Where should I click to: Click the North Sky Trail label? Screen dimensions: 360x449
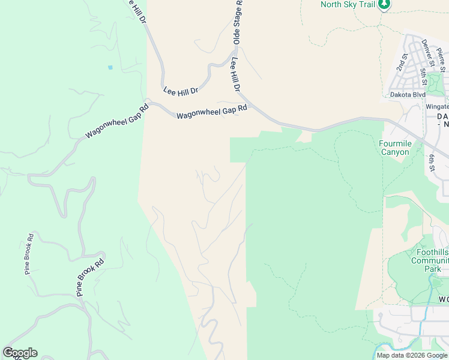pos(348,5)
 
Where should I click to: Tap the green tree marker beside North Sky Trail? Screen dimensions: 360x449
pos(384,5)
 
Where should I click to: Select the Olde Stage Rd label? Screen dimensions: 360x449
pos(237,23)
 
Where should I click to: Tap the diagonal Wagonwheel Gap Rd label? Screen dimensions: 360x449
pos(116,122)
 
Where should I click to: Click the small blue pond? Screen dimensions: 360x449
pos(110,67)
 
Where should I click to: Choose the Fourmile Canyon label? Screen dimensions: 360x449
pos(394,148)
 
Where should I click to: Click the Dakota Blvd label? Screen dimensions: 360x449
pos(408,95)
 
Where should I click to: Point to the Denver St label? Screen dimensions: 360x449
pos(428,53)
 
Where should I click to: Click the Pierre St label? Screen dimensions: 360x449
pos(442,61)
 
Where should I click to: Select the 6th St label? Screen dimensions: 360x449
pos(432,161)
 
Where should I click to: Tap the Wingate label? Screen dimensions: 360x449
pos(437,107)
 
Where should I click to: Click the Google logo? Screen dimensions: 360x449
pos(20,353)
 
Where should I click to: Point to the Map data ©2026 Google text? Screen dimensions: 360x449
pos(412,355)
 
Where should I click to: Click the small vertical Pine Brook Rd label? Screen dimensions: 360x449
pos(28,254)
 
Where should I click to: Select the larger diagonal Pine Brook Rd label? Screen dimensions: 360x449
pos(91,277)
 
